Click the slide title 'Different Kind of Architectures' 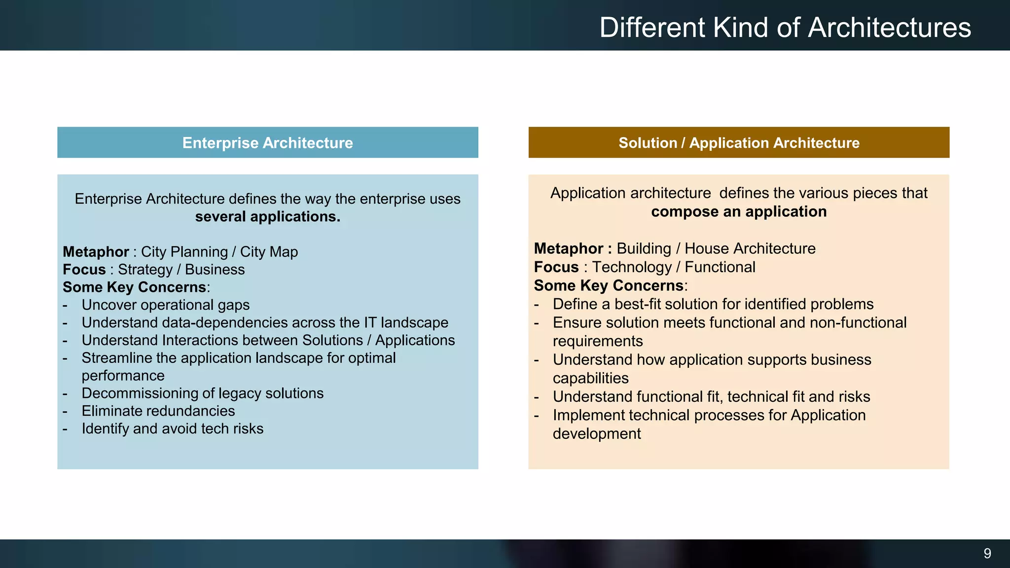coord(785,28)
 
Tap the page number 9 coord(987,553)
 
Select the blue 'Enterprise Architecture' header coord(267,143)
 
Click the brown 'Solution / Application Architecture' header coord(739,143)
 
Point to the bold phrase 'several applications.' coord(267,217)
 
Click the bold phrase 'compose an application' coord(738,212)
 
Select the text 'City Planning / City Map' coord(219,252)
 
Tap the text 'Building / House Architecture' coord(716,248)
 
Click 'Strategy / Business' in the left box coord(181,270)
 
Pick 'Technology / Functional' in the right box coord(673,267)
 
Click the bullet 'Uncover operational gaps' coord(165,305)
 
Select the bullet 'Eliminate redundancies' coord(158,411)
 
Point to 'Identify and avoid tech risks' coord(172,429)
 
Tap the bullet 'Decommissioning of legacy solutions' coord(202,393)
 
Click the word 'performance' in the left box coord(123,376)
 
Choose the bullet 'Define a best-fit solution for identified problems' coord(713,304)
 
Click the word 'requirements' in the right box coord(597,341)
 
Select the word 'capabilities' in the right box coord(590,378)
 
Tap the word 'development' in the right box coord(596,434)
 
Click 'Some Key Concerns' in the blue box coord(134,287)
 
